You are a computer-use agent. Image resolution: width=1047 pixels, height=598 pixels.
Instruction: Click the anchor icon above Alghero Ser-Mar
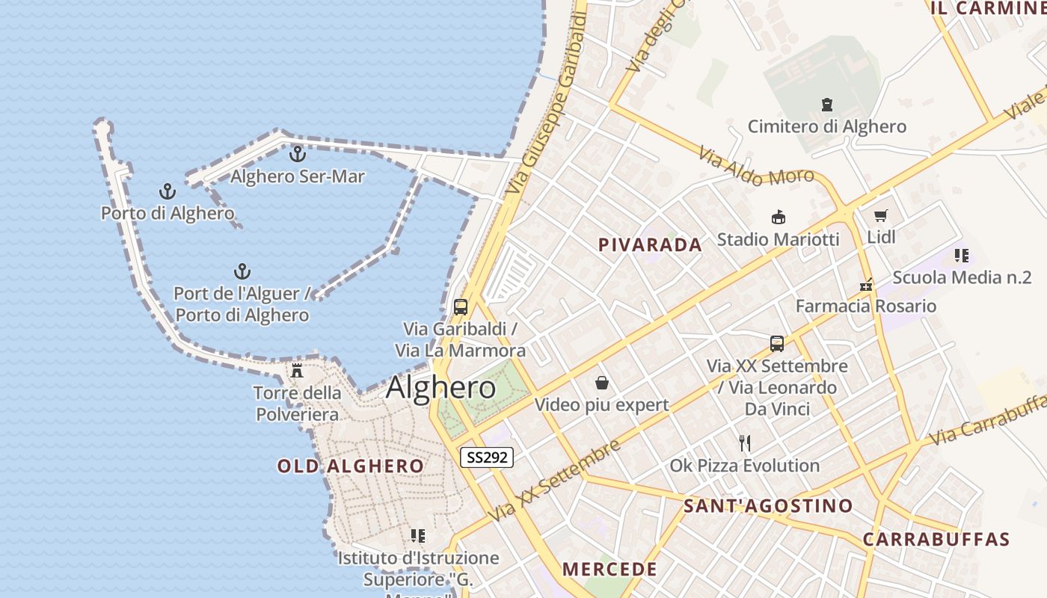click(298, 154)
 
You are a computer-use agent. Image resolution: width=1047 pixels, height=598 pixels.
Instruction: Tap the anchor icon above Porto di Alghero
click(167, 191)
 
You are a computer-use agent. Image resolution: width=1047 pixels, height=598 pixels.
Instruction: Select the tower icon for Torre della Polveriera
click(297, 370)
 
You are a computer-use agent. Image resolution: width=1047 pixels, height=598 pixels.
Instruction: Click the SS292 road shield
click(486, 457)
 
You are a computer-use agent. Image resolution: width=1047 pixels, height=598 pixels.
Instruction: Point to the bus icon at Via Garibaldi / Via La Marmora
click(461, 306)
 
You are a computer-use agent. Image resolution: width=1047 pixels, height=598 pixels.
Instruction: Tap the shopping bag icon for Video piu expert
click(602, 383)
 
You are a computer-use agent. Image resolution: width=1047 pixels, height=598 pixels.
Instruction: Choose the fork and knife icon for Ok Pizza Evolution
click(744, 443)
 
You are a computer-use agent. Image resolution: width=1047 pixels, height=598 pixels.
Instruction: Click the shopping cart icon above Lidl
click(881, 216)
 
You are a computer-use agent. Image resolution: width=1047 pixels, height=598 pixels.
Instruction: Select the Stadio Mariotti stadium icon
click(778, 218)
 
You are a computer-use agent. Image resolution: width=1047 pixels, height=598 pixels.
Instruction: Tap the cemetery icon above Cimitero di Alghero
click(827, 105)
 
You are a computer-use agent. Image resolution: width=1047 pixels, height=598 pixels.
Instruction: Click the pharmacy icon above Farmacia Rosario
click(866, 284)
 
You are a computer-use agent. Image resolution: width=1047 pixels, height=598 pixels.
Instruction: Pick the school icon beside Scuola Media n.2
click(961, 256)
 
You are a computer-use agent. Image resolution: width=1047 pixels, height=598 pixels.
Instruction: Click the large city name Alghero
click(440, 387)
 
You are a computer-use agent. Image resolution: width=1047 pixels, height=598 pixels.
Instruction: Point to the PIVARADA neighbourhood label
click(650, 244)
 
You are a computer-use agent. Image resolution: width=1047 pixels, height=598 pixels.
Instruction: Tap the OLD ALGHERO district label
click(351, 466)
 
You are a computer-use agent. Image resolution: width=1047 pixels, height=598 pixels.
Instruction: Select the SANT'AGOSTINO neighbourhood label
click(768, 506)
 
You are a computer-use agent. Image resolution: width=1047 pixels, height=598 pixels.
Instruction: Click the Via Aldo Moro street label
click(756, 167)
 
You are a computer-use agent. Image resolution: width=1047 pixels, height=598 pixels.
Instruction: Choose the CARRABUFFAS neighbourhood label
click(936, 539)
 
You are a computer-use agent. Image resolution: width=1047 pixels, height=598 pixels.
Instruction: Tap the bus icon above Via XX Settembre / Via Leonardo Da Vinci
click(777, 344)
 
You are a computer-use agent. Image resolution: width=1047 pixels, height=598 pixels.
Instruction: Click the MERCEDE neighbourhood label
click(610, 569)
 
